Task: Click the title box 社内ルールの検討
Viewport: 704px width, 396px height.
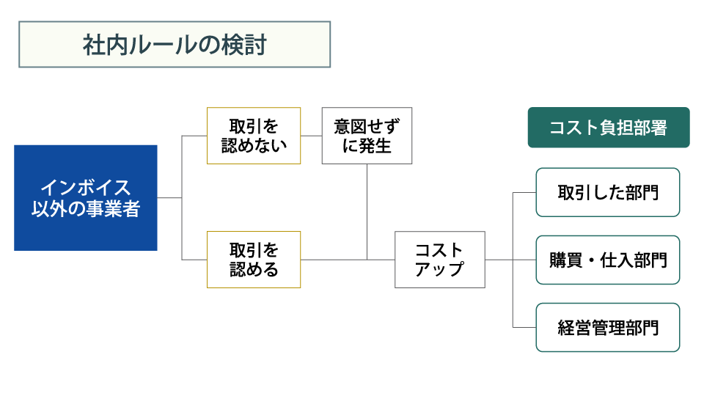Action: [x=175, y=45]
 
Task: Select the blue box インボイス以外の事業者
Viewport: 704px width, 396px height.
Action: [x=86, y=197]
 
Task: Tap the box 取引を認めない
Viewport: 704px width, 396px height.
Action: [x=254, y=136]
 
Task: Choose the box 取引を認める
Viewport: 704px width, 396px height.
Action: [x=254, y=260]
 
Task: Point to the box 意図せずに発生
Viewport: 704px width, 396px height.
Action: [x=367, y=136]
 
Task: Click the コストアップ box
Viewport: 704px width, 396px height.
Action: [x=440, y=260]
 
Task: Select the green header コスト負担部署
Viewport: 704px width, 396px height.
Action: [x=609, y=128]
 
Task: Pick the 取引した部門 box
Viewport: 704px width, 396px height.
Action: [x=608, y=193]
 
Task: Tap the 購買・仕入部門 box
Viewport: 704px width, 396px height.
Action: [x=608, y=260]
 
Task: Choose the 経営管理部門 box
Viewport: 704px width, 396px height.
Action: [x=608, y=328]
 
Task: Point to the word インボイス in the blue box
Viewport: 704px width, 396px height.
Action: [x=86, y=188]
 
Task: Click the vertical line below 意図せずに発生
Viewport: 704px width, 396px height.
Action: [x=367, y=212]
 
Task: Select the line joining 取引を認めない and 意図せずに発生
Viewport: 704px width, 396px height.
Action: [x=311, y=136]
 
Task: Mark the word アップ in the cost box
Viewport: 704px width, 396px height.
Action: [x=439, y=269]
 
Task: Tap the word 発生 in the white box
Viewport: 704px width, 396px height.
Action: [x=375, y=146]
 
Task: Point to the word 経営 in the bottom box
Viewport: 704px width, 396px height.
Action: [x=574, y=328]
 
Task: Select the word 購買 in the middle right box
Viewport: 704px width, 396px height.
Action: [x=566, y=260]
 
